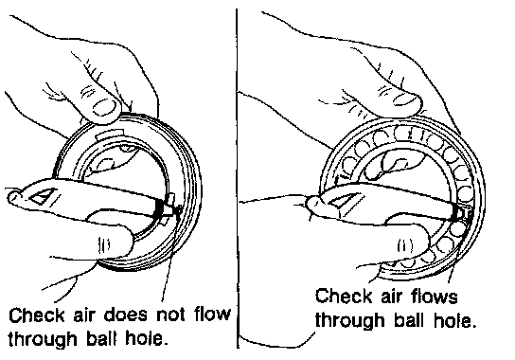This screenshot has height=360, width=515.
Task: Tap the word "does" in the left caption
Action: coord(126,315)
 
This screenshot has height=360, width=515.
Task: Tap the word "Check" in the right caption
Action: coord(344,296)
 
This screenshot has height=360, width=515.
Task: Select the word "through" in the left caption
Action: coord(44,338)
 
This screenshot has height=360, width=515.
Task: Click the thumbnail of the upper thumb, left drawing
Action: coord(105,108)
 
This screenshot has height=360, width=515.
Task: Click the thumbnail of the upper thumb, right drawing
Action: coord(403,99)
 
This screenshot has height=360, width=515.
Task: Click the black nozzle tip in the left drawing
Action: coord(159,208)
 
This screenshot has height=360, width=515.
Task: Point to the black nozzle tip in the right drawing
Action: coord(456,213)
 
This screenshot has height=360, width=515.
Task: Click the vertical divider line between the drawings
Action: coord(237,178)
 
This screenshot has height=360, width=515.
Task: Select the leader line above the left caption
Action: coord(170,256)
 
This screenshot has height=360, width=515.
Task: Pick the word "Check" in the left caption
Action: coord(37,315)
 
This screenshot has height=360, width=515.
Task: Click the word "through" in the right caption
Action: coord(350,320)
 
